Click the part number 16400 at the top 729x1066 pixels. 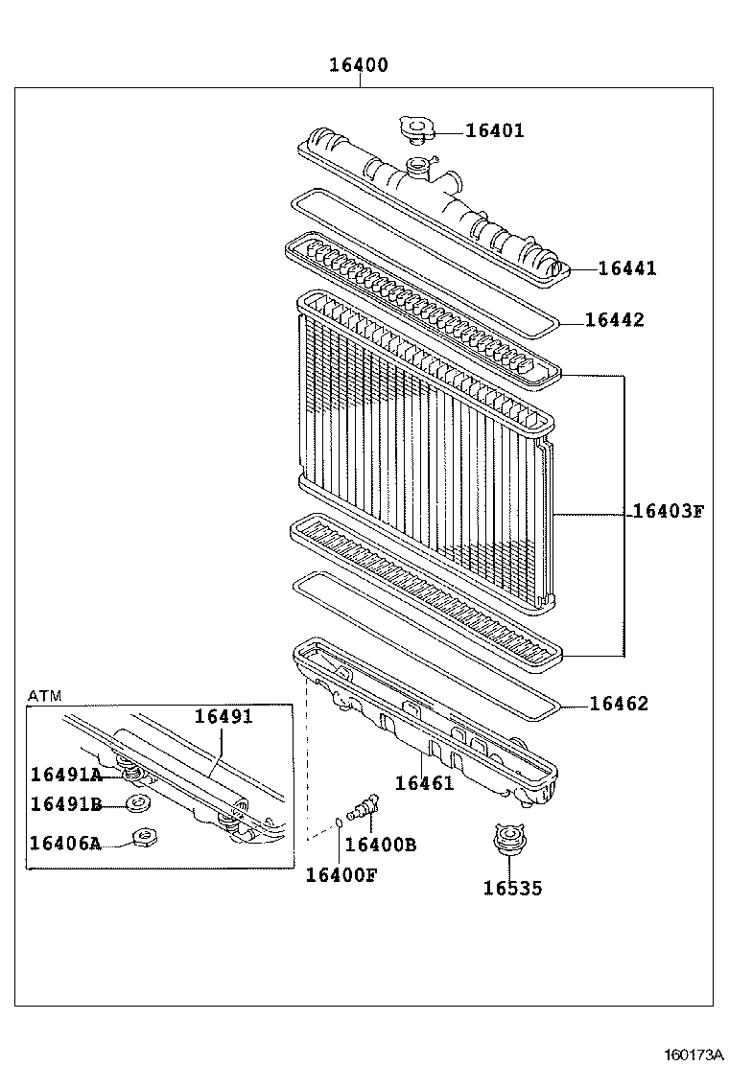pyautogui.click(x=359, y=65)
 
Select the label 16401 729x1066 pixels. pyautogui.click(x=495, y=131)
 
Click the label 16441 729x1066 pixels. pyautogui.click(x=627, y=268)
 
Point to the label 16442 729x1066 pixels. pyautogui.click(x=615, y=320)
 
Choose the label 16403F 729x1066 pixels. pyautogui.click(x=668, y=511)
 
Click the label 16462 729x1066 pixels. pyautogui.click(x=619, y=704)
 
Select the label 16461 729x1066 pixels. pyautogui.click(x=424, y=782)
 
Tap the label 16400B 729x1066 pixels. pyautogui.click(x=380, y=845)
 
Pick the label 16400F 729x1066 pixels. pyautogui.click(x=341, y=874)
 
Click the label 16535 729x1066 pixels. pyautogui.click(x=512, y=889)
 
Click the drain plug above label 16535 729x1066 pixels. pyautogui.click(x=506, y=841)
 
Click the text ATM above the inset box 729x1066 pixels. pyautogui.click(x=44, y=695)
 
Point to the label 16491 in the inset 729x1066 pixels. pyautogui.click(x=223, y=716)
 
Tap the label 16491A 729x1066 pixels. pyautogui.click(x=65, y=775)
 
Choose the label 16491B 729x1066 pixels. pyautogui.click(x=65, y=803)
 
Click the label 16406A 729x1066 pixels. pyautogui.click(x=65, y=843)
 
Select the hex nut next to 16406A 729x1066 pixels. pyautogui.click(x=146, y=838)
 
